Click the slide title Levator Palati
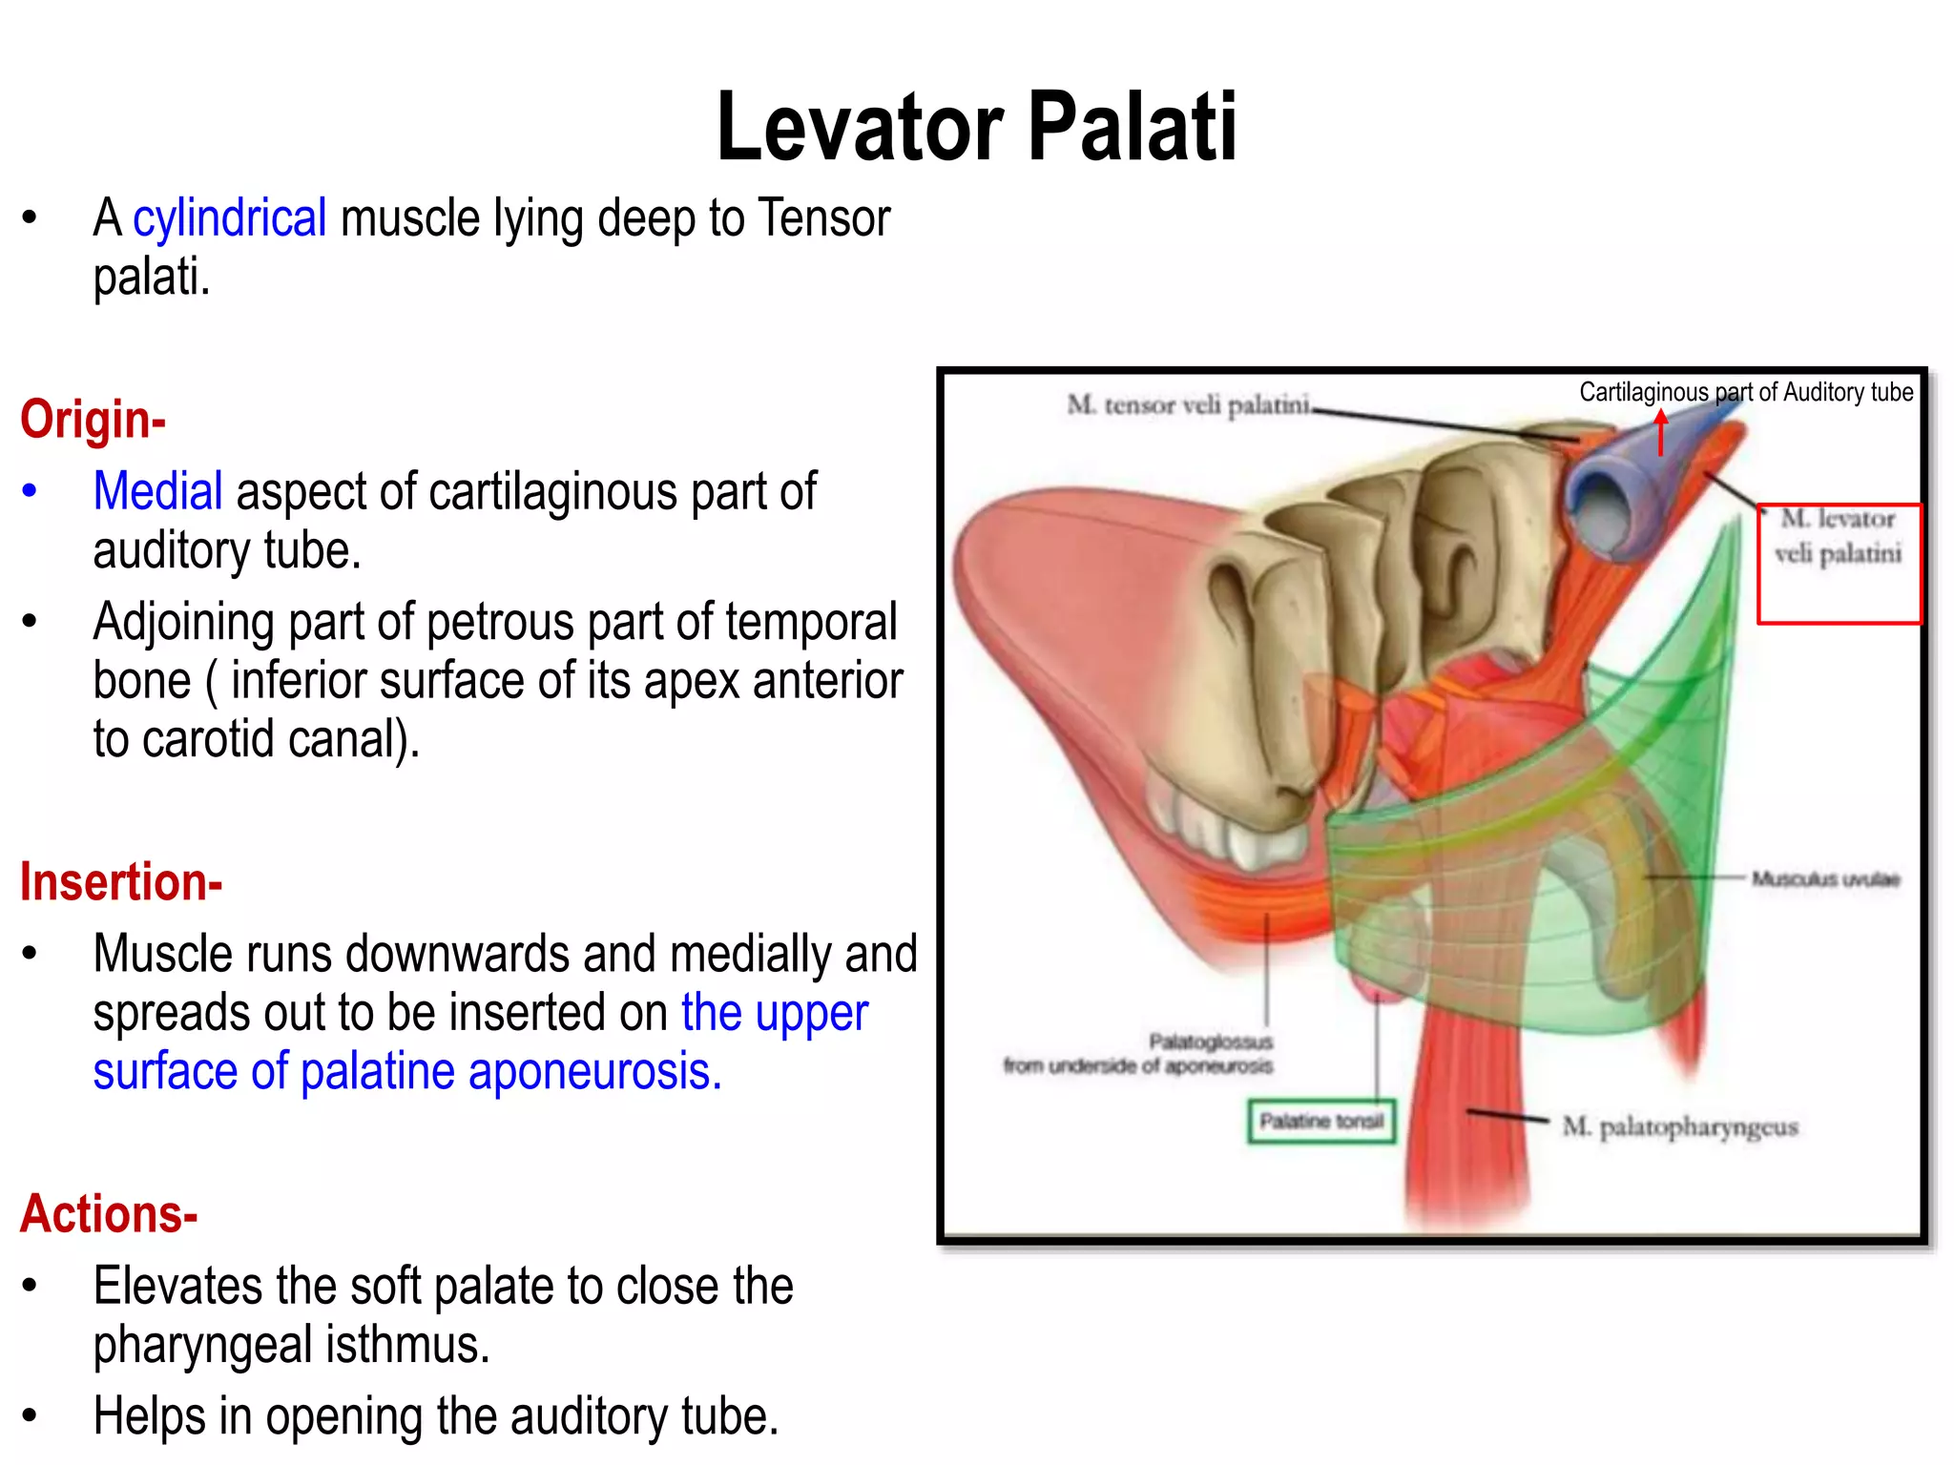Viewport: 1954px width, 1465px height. coord(976,127)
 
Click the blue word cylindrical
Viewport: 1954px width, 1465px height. coord(229,218)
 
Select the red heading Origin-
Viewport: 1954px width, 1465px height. coord(93,420)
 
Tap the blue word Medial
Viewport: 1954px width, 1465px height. coord(157,491)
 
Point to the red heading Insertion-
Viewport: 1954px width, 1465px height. coord(121,882)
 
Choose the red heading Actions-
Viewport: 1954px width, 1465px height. coord(109,1214)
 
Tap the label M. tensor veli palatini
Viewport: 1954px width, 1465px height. coord(1188,405)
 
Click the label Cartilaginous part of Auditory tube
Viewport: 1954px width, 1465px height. coord(1745,392)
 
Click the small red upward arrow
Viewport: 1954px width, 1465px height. coord(1661,432)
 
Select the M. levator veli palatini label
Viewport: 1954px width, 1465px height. coord(1838,536)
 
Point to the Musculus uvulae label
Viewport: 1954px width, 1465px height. coord(1825,878)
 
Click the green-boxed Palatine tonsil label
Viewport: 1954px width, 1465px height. coord(1321,1121)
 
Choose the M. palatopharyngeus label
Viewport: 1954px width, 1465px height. coord(1679,1127)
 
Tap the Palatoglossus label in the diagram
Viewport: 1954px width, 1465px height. coord(1210,1041)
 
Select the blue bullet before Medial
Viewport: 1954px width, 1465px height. coord(30,491)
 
